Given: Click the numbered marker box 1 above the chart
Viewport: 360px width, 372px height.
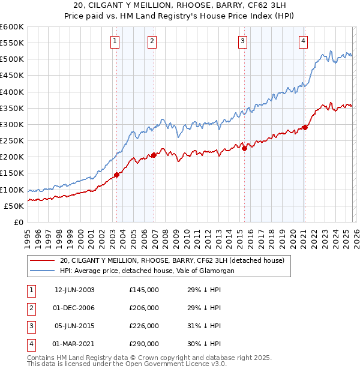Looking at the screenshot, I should click(115, 41).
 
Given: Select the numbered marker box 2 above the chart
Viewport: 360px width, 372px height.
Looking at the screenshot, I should click(152, 41).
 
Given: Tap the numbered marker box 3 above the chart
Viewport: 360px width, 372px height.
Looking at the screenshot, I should click(242, 41).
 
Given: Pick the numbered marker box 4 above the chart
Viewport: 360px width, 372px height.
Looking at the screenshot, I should click(304, 41).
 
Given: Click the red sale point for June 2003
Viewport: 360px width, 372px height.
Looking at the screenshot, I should click(116, 175).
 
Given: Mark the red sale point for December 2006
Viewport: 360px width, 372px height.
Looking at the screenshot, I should click(154, 155).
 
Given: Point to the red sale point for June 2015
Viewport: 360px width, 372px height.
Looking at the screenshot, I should click(244, 149).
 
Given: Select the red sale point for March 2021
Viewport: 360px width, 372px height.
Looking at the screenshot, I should click(305, 127).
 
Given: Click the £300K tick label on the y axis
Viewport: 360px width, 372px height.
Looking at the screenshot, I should click(12, 124).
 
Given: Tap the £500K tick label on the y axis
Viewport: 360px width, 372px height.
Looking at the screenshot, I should click(12, 59).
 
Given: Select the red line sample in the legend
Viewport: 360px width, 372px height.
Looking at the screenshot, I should click(43, 261).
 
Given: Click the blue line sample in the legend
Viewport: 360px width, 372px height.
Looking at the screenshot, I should click(43, 271).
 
